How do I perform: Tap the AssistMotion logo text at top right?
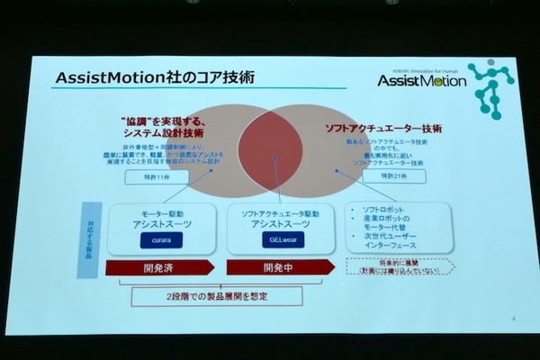422,81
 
